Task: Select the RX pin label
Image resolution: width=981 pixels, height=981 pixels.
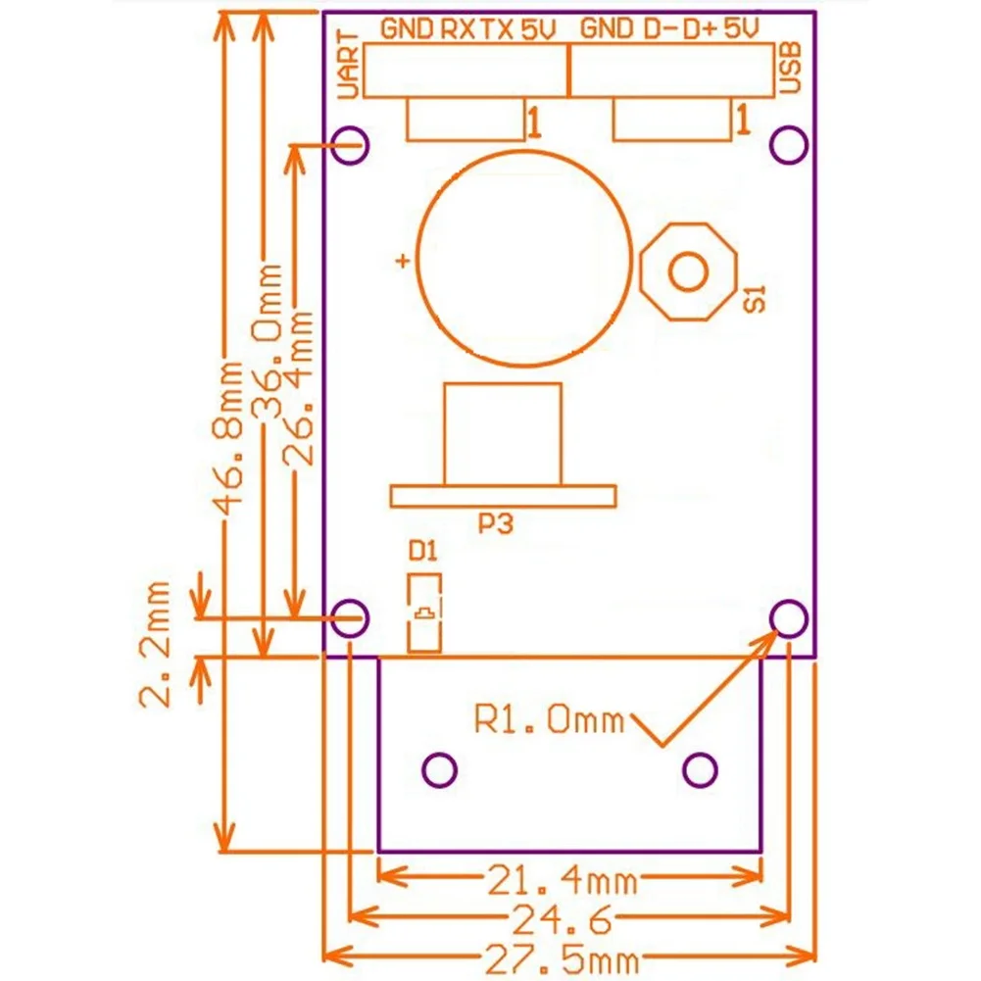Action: (x=456, y=29)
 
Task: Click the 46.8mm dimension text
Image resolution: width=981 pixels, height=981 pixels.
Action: (x=229, y=437)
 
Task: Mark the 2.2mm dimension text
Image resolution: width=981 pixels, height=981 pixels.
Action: (x=155, y=642)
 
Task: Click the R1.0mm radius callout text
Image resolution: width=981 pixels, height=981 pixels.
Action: (x=549, y=721)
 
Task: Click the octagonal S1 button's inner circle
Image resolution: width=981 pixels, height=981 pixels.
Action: (x=687, y=269)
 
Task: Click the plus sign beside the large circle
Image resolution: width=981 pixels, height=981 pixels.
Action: (x=401, y=261)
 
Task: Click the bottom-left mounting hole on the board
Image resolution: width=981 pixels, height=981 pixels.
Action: (x=350, y=617)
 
